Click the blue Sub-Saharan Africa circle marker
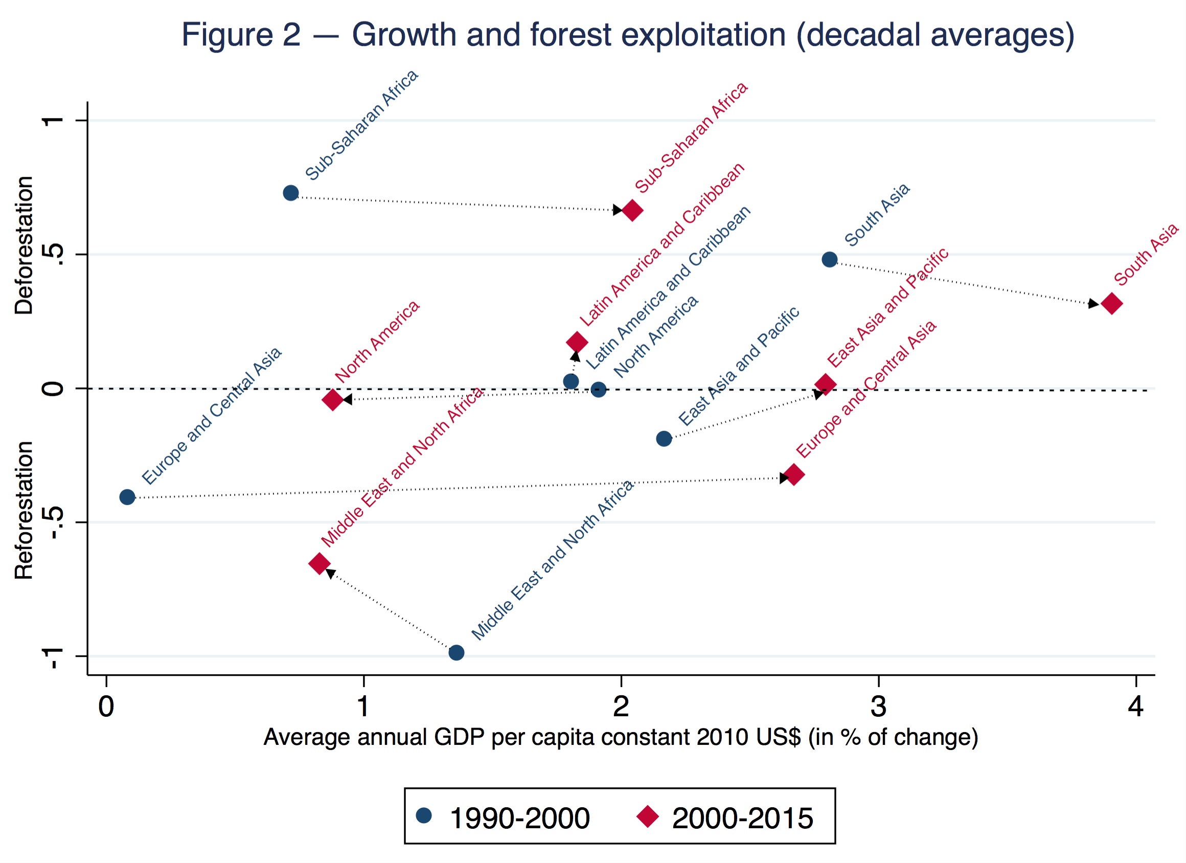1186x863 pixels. (291, 193)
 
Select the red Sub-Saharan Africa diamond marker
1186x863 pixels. (632, 210)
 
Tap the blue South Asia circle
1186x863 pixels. (829, 259)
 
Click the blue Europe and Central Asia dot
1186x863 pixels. (127, 497)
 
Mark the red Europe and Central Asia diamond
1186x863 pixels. (794, 475)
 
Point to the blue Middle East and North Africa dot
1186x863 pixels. (456, 652)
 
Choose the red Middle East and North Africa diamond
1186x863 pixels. (320, 564)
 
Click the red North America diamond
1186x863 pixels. (333, 400)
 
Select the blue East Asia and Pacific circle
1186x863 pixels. (664, 438)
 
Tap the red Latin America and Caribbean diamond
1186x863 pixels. (577, 343)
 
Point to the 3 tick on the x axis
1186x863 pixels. (879, 707)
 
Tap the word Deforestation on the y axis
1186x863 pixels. (24, 245)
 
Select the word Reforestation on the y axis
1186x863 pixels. (24, 510)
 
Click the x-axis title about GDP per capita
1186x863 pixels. (621, 737)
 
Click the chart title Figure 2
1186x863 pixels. (628, 35)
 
